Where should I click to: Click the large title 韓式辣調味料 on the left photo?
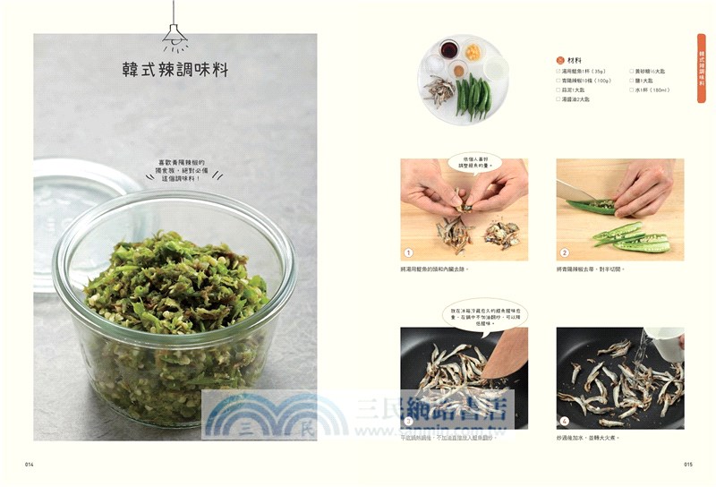tap(175, 70)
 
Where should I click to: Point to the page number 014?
tap(30, 465)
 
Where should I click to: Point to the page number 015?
tap(688, 465)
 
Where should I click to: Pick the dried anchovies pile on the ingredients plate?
tap(440, 89)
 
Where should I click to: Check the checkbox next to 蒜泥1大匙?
tap(558, 90)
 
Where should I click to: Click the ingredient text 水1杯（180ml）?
tap(653, 90)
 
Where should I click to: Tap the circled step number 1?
tap(408, 252)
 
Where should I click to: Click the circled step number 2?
tap(565, 252)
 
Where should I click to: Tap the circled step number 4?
tap(565, 420)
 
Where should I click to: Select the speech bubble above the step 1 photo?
tap(473, 162)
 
